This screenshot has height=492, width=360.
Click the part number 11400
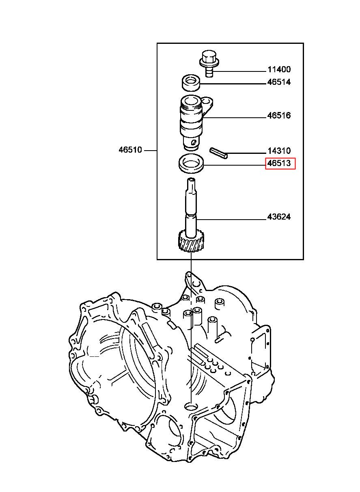[279, 70]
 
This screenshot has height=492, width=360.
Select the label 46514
[279, 82]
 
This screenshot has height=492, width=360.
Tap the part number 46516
[279, 116]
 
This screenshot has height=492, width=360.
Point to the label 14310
[279, 151]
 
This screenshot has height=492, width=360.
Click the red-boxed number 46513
[279, 163]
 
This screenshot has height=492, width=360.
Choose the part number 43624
[279, 217]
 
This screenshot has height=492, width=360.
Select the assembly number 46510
[130, 150]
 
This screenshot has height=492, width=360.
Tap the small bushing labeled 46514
[191, 83]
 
